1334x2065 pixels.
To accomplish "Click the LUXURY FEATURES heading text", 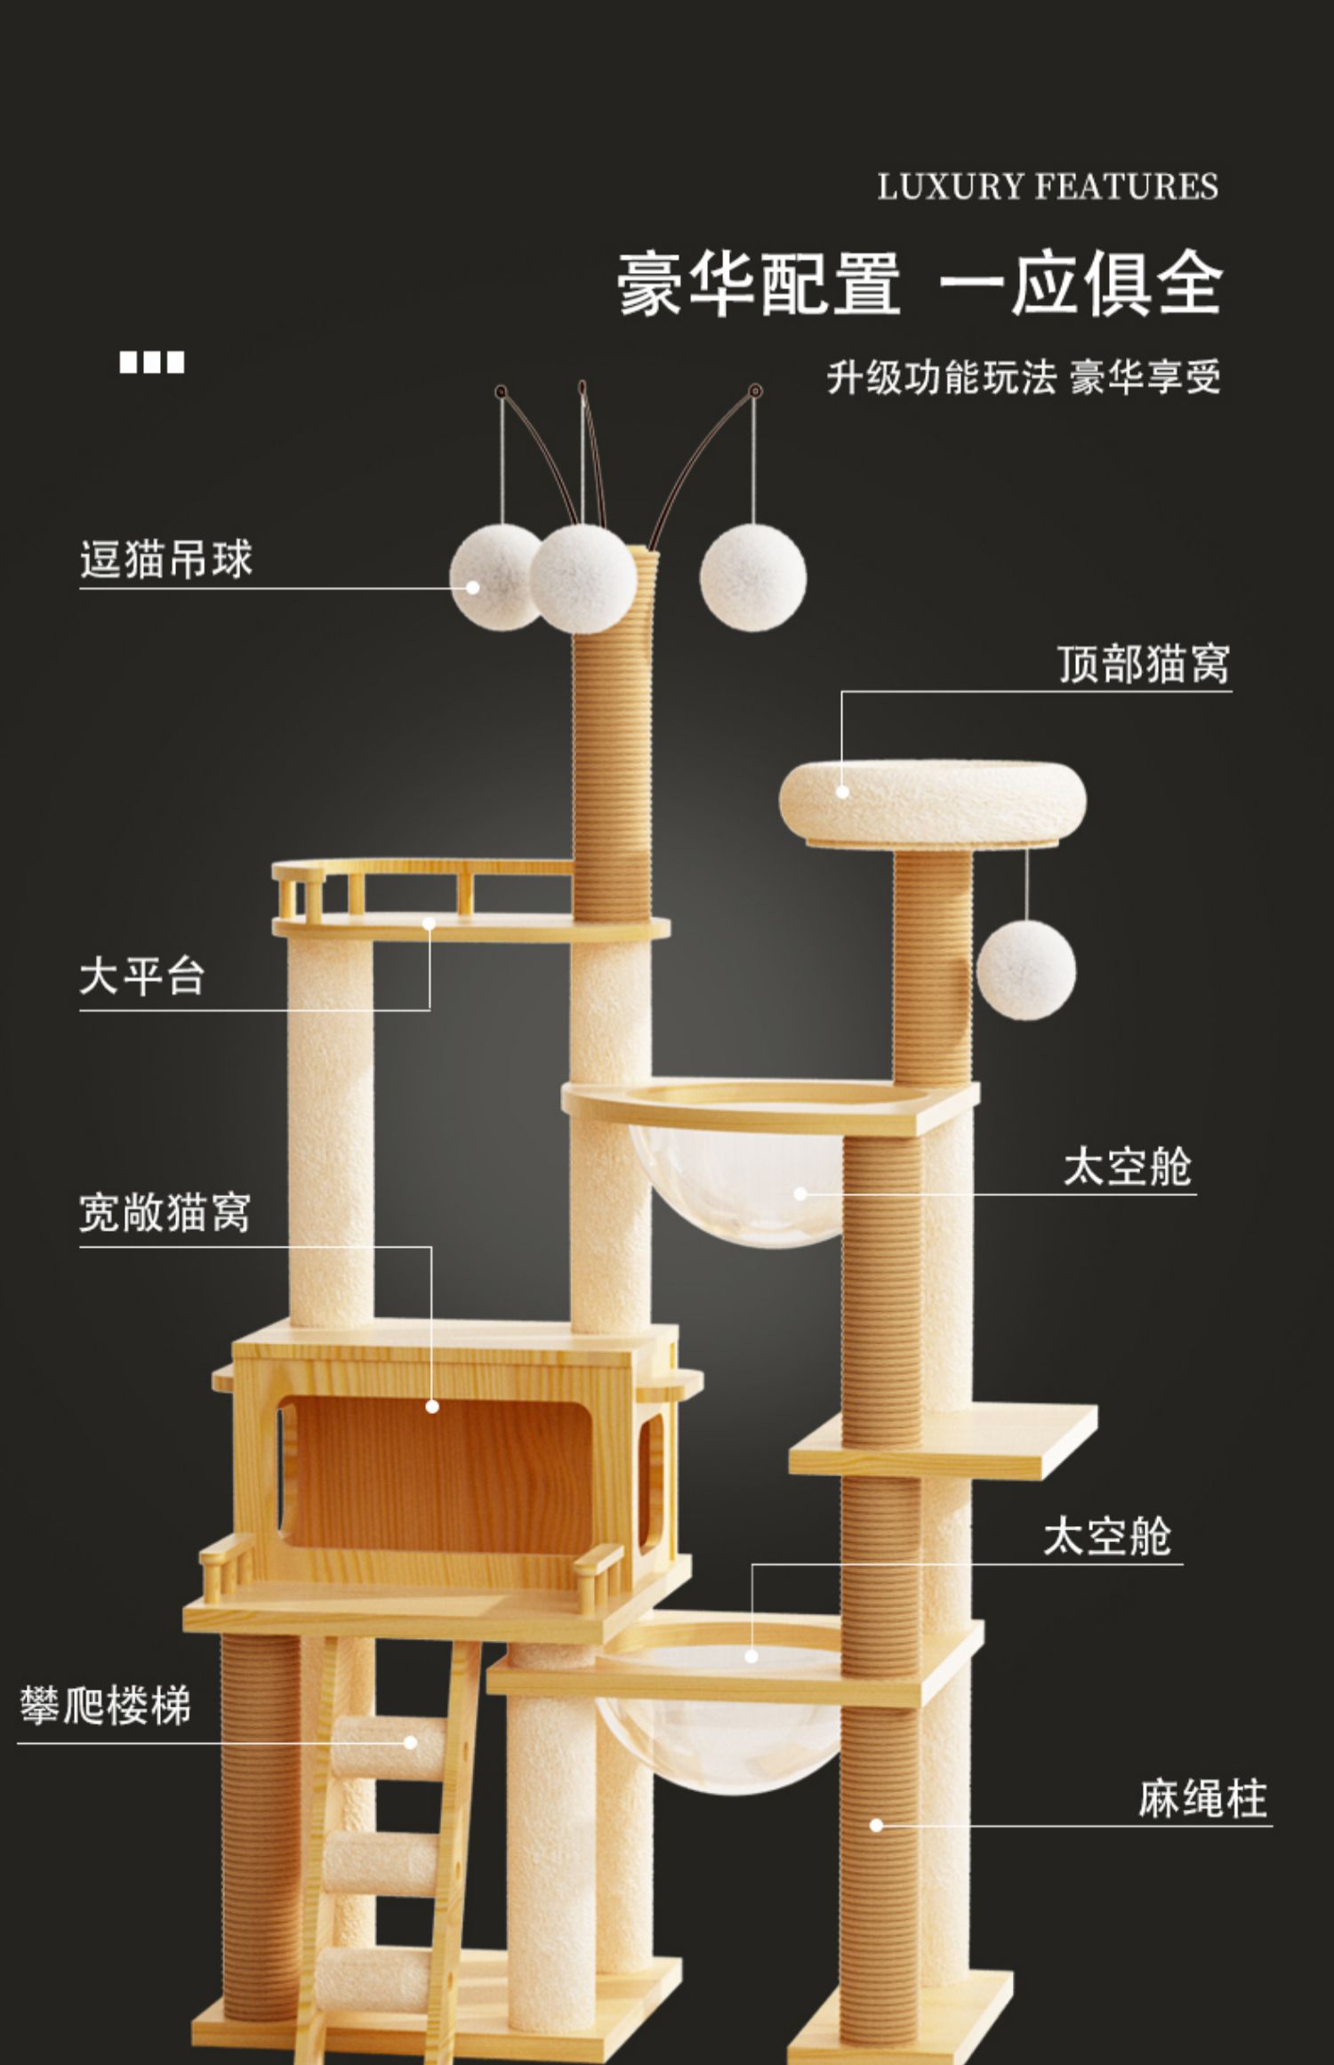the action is pyautogui.click(x=1048, y=187).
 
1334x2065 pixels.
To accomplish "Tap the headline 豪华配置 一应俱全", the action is pyautogui.click(x=920, y=284).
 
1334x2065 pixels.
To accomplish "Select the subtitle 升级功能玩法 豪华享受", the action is pyautogui.click(x=1024, y=377).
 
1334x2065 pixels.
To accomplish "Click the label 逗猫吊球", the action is pyautogui.click(x=166, y=560).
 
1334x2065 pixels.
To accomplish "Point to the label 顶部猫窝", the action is pyautogui.click(x=1144, y=663).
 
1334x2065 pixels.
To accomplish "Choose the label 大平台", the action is pyautogui.click(x=142, y=976).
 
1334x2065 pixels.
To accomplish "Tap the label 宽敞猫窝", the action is pyautogui.click(x=165, y=1212).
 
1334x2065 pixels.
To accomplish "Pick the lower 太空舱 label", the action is pyautogui.click(x=1107, y=1536).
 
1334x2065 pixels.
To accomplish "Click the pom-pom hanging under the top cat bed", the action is pyautogui.click(x=1025, y=969).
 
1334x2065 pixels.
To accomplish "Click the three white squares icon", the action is pyautogui.click(x=152, y=363).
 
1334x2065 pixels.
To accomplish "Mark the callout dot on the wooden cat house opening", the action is pyautogui.click(x=432, y=1406).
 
